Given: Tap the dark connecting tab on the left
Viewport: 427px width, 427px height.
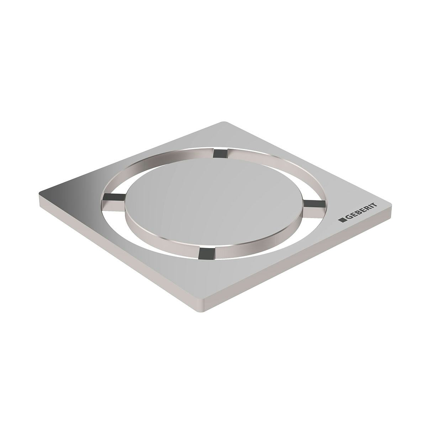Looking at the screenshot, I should (113, 197).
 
